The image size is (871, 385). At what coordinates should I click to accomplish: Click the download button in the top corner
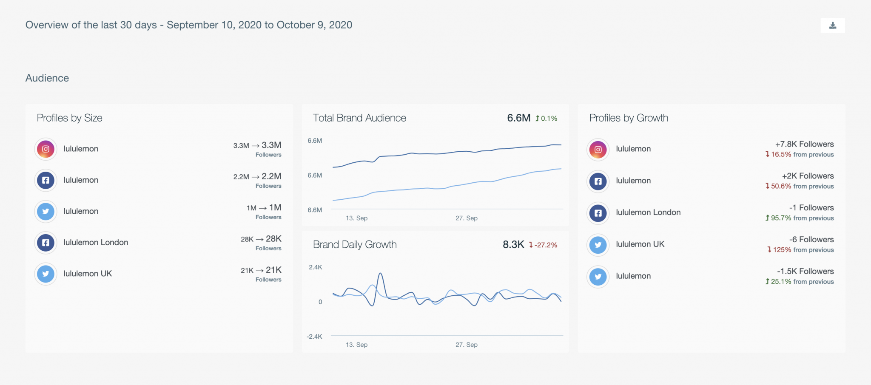coord(833,25)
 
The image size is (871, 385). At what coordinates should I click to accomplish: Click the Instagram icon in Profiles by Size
coord(46,149)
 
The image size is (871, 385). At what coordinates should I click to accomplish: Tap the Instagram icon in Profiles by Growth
coord(598,150)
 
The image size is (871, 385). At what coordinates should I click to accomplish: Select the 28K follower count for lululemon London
coord(273,239)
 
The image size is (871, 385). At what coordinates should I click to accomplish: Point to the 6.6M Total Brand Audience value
coord(518,118)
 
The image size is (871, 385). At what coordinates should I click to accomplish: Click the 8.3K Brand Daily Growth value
coord(513,245)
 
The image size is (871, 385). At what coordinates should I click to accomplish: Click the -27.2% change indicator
coord(543,245)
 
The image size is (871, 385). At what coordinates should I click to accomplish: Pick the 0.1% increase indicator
coord(547,119)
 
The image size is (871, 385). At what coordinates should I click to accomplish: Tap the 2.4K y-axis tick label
coord(316,267)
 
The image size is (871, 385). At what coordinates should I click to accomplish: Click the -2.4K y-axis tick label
coord(314,337)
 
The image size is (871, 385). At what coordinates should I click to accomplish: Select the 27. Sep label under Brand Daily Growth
coord(467,345)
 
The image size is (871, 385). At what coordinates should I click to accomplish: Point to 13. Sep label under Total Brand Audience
coord(356,218)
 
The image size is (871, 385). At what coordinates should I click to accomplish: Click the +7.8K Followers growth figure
coord(804,144)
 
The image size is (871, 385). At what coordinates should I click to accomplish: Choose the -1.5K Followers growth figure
coord(805,272)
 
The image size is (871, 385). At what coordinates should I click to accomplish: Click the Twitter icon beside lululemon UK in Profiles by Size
coord(46,274)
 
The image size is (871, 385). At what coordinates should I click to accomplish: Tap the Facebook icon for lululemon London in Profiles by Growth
coord(598,213)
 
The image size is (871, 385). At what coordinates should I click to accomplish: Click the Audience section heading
coord(47,78)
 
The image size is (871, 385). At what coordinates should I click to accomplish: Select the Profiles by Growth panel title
coord(629,118)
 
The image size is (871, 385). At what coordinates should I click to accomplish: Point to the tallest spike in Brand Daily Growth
coord(380,274)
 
